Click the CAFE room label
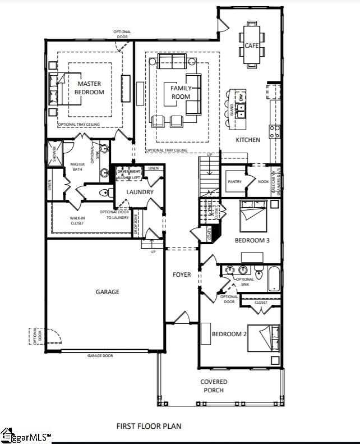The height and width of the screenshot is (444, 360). (251, 45)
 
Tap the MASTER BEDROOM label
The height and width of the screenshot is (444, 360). (90, 88)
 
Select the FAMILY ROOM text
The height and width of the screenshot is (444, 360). (181, 93)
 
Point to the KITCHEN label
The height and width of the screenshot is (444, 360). (247, 140)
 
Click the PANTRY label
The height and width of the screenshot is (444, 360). (234, 182)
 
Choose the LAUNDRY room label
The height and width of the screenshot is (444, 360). (140, 193)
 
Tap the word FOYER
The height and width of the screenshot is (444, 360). (182, 274)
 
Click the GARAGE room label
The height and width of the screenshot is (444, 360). (107, 292)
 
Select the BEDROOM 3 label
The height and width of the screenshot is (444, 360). (252, 240)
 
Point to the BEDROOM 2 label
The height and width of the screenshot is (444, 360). (229, 335)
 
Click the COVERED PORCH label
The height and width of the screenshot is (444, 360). (214, 386)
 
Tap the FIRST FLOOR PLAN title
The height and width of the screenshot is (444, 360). (149, 426)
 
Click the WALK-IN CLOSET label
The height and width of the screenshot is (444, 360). (77, 221)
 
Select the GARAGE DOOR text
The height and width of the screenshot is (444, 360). (100, 356)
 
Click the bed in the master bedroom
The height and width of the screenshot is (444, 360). (59, 88)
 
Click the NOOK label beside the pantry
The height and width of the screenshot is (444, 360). (263, 182)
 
